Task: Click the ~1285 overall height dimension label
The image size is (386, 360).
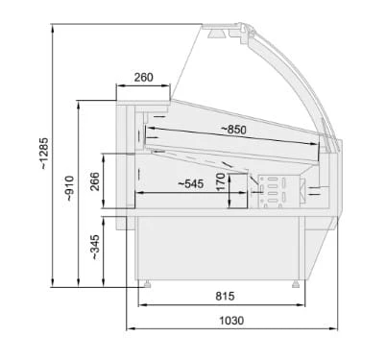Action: [44, 153]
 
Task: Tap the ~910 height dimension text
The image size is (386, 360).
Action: [69, 188]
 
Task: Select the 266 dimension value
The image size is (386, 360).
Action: [95, 181]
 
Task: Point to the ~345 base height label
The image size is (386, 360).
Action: [95, 247]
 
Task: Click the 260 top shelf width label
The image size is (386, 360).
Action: [143, 77]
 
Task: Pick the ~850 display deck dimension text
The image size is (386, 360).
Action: [234, 130]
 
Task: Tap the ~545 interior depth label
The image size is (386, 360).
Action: [190, 183]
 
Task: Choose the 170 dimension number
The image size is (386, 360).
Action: [221, 181]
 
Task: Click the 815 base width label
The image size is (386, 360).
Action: [225, 296]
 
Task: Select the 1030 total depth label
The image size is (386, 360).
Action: [231, 320]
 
